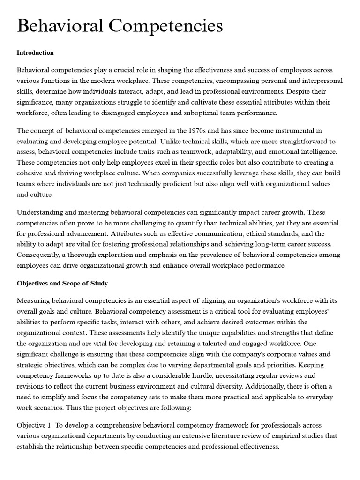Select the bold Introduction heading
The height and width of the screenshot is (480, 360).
click(35, 53)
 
